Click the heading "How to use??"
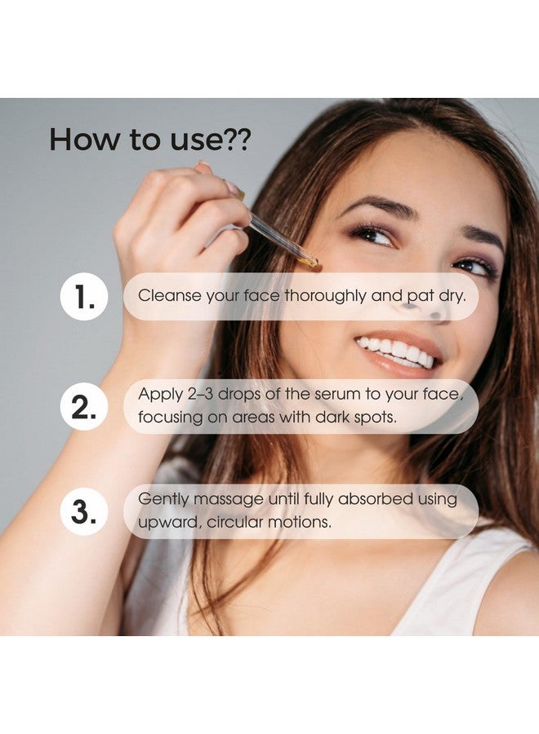[150, 139]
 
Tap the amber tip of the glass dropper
[310, 262]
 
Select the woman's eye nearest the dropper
[372, 236]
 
